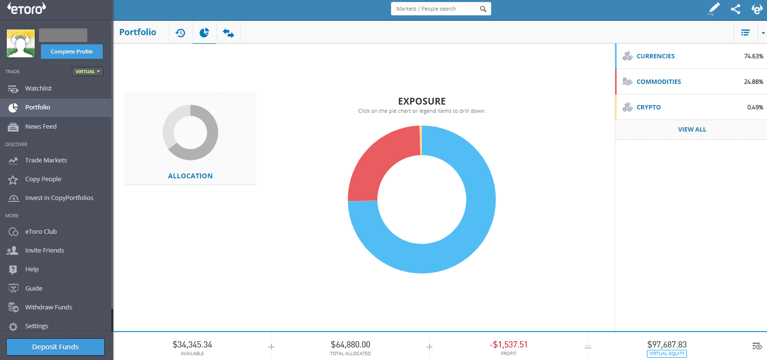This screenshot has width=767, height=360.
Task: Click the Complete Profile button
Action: (71, 52)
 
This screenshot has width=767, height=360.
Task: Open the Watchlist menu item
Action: (38, 89)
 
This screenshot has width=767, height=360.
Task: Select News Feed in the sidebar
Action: (40, 127)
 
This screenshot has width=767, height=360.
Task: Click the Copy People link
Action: (43, 179)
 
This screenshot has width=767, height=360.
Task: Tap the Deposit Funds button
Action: (55, 347)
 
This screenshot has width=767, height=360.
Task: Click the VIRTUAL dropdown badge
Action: (88, 71)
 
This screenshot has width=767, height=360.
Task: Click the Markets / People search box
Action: (436, 9)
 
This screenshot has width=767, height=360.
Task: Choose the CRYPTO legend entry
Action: (648, 107)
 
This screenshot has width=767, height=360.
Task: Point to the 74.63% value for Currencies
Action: (753, 56)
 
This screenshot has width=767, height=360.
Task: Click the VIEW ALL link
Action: (692, 130)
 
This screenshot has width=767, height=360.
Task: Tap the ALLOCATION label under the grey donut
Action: (190, 176)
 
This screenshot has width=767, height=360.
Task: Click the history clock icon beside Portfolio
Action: (180, 33)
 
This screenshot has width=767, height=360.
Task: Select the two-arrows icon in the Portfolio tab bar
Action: (228, 33)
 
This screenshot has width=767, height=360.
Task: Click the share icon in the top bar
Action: (735, 9)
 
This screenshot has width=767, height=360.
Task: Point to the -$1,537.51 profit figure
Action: (509, 345)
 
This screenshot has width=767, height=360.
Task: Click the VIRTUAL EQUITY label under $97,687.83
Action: (667, 354)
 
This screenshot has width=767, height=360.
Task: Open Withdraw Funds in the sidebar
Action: (48, 307)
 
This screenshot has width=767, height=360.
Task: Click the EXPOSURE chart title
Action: (422, 101)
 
